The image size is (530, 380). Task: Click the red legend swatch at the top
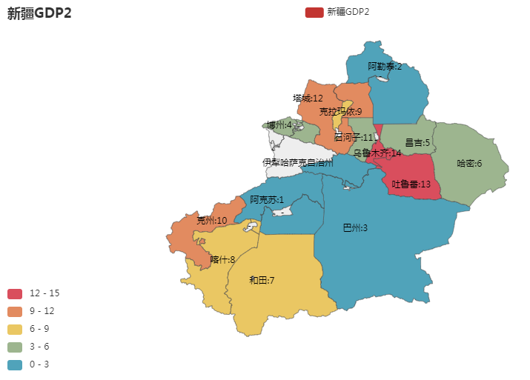tap(314, 12)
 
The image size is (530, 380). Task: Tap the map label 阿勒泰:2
tap(385, 67)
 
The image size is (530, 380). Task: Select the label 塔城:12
tap(308, 98)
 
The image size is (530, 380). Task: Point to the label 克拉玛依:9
tap(340, 112)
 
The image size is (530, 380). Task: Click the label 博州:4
tap(279, 124)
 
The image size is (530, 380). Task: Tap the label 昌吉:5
tap(417, 141)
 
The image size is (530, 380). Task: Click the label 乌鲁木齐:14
tap(377, 153)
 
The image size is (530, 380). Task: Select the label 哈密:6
tap(469, 163)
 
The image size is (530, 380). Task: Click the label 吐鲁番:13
tap(411, 184)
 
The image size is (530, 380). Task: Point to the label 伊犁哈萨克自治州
tap(297, 162)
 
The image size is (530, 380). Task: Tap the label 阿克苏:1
tap(267, 199)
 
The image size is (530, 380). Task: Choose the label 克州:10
tap(212, 221)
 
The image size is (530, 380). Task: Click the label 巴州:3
tap(355, 227)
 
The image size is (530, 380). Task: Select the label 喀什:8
tap(222, 259)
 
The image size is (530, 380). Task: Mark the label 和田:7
tap(262, 280)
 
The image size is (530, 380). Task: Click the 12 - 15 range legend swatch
tap(14, 293)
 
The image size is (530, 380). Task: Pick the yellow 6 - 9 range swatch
tap(14, 329)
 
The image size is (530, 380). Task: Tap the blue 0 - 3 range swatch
tap(14, 364)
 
